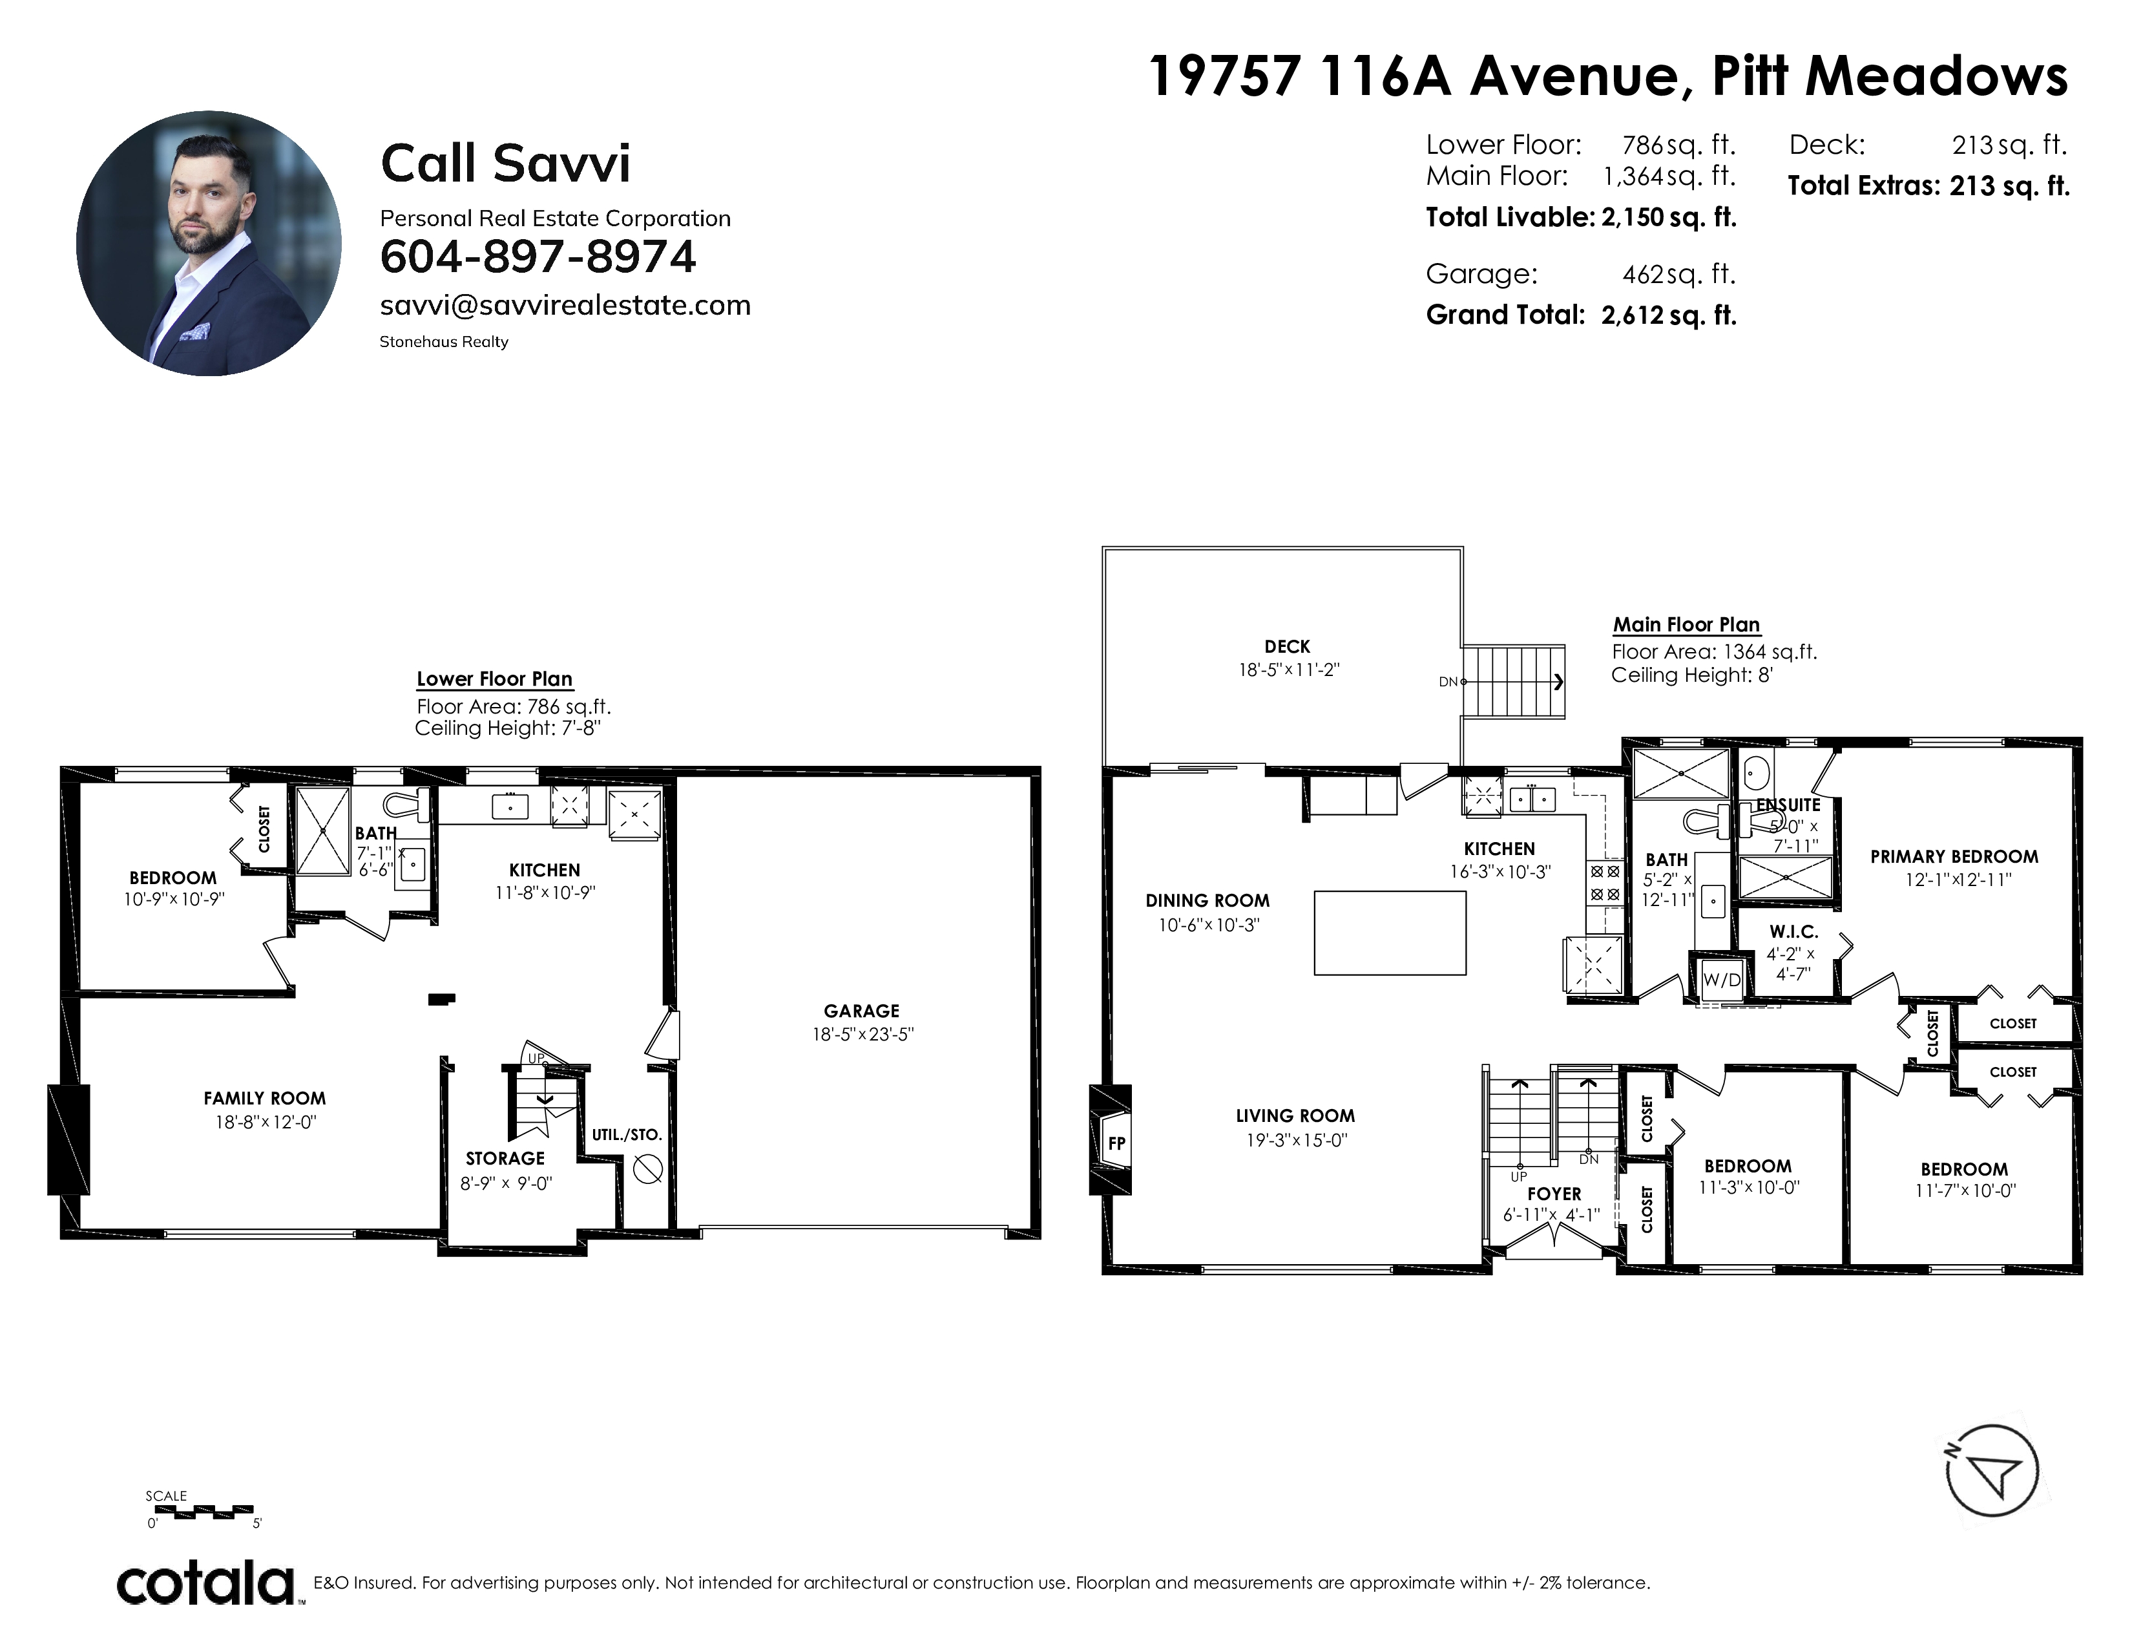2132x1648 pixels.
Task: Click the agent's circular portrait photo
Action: click(209, 243)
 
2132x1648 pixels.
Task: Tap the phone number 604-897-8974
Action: click(538, 257)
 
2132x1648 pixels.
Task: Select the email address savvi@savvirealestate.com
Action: click(565, 306)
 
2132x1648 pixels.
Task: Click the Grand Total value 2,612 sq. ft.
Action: click(1668, 315)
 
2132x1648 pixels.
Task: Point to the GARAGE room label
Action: click(861, 1011)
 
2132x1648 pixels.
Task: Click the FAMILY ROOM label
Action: click(264, 1098)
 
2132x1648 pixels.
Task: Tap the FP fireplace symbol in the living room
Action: click(1116, 1142)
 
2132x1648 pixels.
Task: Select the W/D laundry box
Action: click(1721, 979)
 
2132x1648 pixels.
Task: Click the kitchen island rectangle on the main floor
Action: click(1390, 933)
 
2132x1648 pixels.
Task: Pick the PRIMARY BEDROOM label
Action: click(1954, 857)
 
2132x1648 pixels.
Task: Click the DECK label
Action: click(1286, 646)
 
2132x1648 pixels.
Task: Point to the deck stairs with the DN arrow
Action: click(1513, 681)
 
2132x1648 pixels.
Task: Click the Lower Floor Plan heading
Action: click(495, 679)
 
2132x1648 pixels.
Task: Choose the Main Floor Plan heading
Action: click(1686, 625)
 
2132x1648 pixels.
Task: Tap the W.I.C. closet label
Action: click(1794, 933)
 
